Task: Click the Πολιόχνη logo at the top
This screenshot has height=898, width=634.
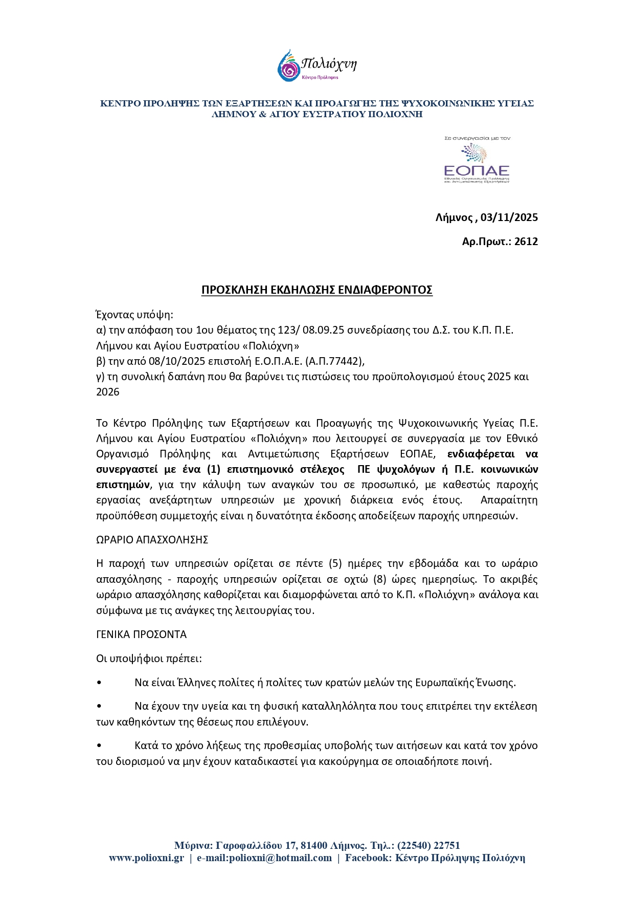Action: (x=316, y=65)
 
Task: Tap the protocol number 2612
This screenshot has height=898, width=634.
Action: (x=526, y=242)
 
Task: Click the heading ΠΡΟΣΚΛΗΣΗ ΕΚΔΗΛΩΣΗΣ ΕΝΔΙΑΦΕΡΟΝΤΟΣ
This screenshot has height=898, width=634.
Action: (x=316, y=290)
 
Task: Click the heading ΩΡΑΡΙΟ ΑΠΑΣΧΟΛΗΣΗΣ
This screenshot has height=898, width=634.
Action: (x=152, y=539)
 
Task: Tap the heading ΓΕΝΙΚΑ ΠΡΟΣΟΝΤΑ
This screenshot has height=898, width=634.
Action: (x=141, y=634)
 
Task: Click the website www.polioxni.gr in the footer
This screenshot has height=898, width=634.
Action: (x=146, y=858)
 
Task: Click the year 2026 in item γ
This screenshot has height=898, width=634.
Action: (x=107, y=392)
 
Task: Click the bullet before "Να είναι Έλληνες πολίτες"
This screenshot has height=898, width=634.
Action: (x=99, y=683)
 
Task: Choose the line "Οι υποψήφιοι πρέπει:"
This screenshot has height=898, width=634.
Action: (x=149, y=658)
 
